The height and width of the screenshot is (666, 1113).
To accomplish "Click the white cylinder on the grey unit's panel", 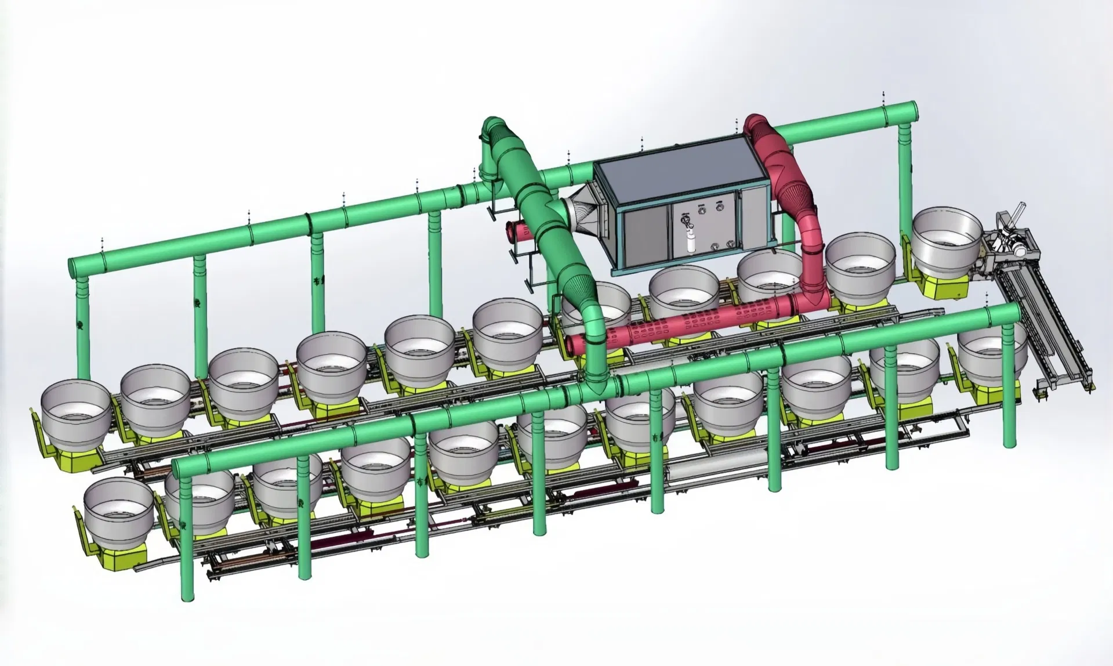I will tap(690, 242).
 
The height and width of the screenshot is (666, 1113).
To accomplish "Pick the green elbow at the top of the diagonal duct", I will tap(493, 131).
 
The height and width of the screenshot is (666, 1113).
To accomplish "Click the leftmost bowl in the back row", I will tap(75, 409).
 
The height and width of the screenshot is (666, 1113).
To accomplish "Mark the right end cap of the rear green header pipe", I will tap(1088, 110).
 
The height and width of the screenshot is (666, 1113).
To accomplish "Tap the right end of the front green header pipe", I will tap(1015, 314).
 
